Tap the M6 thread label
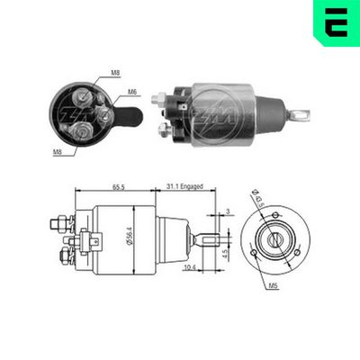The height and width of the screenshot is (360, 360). (130, 91)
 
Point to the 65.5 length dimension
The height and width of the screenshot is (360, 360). (119, 186)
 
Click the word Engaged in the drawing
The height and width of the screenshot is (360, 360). (193, 186)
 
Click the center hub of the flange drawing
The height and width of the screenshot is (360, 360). (274, 240)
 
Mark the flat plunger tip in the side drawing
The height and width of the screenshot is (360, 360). (209, 240)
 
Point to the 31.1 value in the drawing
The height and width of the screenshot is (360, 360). (172, 186)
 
